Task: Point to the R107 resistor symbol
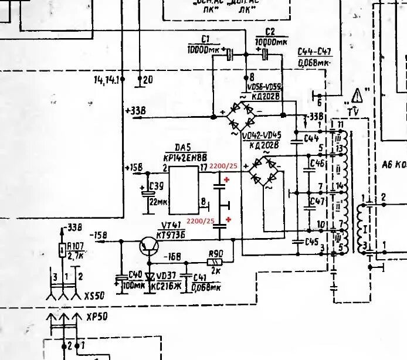tap(63, 250)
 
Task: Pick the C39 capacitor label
tap(156, 186)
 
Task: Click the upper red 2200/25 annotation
tap(201, 167)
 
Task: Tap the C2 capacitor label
tap(270, 31)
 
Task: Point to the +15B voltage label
tap(134, 169)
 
